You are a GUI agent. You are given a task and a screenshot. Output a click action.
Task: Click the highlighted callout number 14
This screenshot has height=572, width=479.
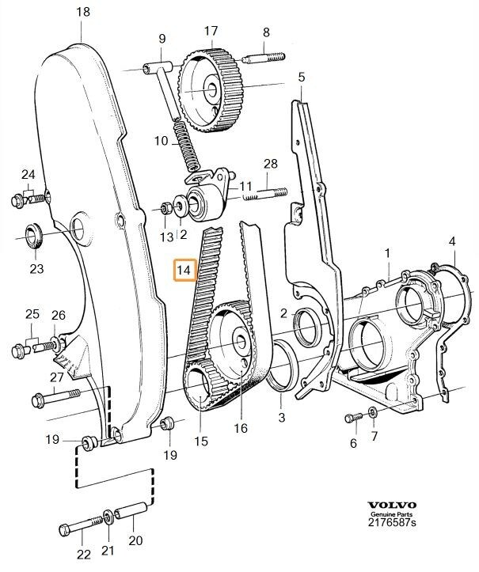[184, 271]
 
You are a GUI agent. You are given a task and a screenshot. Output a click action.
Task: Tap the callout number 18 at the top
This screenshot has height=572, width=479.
[83, 11]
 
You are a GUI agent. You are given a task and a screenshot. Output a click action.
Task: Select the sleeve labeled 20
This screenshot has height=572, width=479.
[131, 513]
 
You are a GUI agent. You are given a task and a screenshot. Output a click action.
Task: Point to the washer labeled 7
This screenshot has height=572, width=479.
[372, 412]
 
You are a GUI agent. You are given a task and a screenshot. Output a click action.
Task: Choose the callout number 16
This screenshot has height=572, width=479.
[241, 428]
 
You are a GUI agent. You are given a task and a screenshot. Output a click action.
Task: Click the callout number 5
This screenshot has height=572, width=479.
[301, 78]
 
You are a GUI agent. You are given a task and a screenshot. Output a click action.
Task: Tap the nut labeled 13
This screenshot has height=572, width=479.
[165, 209]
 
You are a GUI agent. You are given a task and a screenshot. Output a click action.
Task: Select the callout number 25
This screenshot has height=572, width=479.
[32, 314]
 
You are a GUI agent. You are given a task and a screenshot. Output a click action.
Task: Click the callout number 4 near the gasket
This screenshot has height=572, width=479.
[452, 241]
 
